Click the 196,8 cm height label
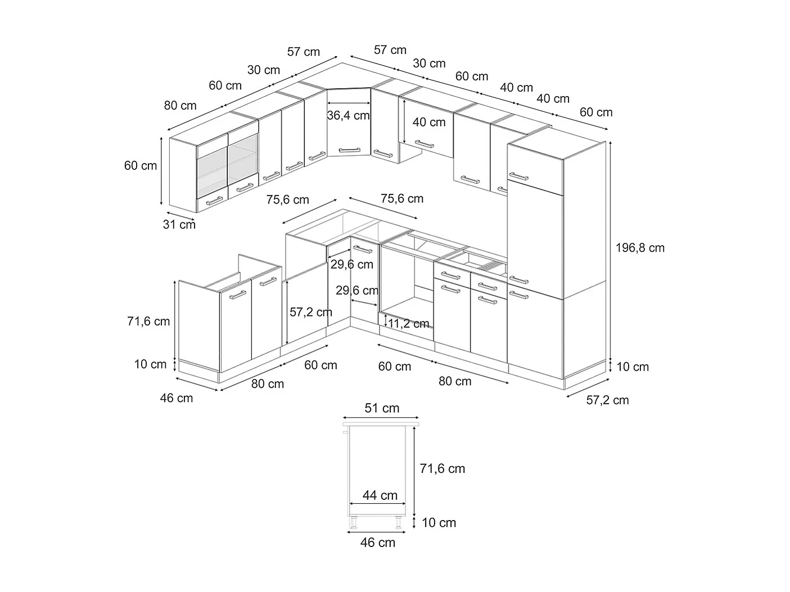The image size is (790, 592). click(640, 247)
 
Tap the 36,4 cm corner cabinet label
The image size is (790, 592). click(349, 116)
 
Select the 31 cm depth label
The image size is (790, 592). click(179, 224)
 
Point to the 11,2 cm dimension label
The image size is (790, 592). click(409, 323)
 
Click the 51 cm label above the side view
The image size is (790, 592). click(382, 408)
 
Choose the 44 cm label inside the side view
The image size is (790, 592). click(380, 495)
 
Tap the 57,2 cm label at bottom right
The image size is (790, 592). click(607, 400)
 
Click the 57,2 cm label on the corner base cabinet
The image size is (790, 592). click(311, 312)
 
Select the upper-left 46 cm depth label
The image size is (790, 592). click(177, 398)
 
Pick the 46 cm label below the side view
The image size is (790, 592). click(378, 543)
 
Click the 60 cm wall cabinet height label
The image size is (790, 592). click(141, 166)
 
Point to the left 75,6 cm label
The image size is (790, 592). click(288, 200)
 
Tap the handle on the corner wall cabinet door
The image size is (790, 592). click(349, 150)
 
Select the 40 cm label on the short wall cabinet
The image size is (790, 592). click(429, 122)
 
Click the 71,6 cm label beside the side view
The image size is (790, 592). click(443, 468)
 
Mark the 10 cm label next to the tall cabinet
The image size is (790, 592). click(633, 367)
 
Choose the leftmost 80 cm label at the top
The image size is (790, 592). click(180, 105)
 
